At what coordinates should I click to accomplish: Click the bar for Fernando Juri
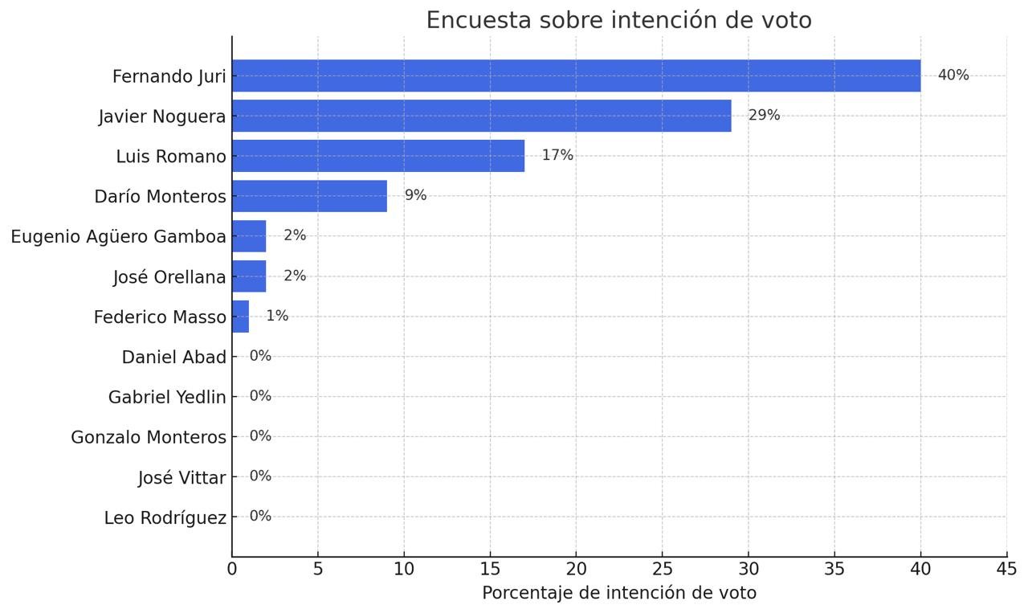click(x=577, y=76)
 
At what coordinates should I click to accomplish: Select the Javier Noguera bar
click(x=482, y=116)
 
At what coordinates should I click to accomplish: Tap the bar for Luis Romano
click(x=378, y=156)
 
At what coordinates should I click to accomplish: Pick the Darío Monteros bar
click(x=310, y=196)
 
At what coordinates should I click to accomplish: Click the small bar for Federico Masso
click(x=240, y=317)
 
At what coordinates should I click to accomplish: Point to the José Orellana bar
click(x=249, y=276)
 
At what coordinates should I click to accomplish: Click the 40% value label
click(x=953, y=75)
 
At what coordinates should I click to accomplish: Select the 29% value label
click(x=764, y=115)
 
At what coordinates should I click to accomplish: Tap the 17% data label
click(x=557, y=155)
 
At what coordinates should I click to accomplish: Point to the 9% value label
click(x=415, y=195)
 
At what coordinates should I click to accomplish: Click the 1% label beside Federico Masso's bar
click(x=277, y=316)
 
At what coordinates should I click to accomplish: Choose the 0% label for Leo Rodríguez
click(x=260, y=516)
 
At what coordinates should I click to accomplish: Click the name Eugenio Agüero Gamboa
click(x=118, y=236)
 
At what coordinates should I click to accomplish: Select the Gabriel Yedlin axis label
click(x=167, y=397)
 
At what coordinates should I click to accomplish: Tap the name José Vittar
click(x=182, y=477)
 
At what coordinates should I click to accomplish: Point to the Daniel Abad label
click(x=174, y=357)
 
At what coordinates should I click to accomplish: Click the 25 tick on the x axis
click(x=663, y=570)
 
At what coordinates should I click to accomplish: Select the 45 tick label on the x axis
click(x=1006, y=570)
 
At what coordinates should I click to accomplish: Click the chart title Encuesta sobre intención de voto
click(x=619, y=20)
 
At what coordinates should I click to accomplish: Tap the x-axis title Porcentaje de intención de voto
click(x=619, y=593)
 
